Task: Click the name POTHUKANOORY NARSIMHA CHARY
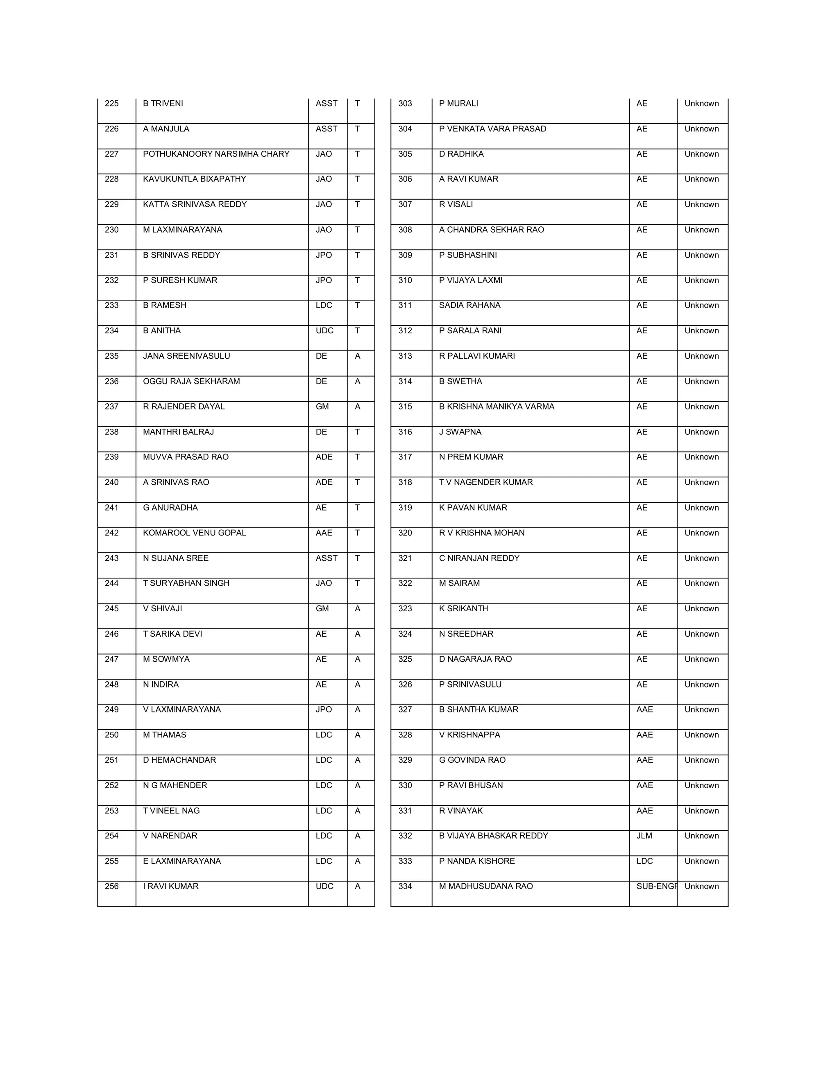216,154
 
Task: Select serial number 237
112,407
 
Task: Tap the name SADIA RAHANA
470,305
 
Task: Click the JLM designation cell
644,836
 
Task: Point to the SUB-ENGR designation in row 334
656,886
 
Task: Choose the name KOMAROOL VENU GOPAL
194,533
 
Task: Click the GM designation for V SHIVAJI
322,608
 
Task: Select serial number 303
405,103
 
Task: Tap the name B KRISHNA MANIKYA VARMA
497,407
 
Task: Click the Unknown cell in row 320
701,533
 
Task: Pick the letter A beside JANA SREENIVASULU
357,356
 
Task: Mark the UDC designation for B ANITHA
324,330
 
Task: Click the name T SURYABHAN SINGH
186,583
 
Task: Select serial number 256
112,886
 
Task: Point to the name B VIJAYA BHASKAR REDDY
494,836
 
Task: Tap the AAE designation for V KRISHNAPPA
645,735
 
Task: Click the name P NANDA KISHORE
477,861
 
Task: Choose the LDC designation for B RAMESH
324,305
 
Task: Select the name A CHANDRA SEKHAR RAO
492,230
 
